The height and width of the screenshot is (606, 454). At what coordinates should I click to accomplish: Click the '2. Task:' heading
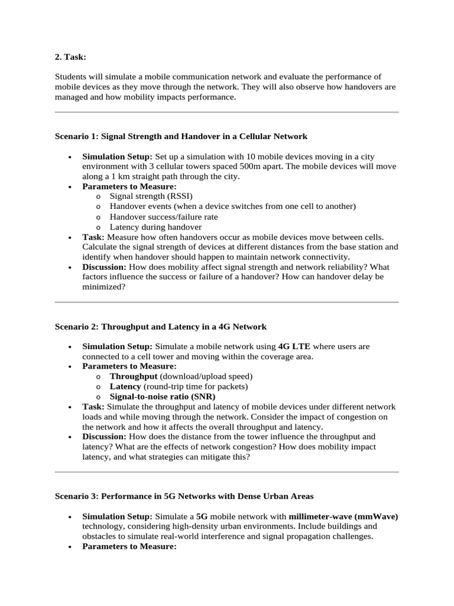[70, 57]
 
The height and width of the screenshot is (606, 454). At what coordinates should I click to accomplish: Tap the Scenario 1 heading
[181, 136]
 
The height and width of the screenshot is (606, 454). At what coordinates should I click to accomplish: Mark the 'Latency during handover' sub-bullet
[155, 227]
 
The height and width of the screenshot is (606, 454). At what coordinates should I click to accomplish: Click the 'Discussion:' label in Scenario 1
[105, 267]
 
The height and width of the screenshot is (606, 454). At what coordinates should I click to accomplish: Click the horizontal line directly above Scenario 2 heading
[226, 302]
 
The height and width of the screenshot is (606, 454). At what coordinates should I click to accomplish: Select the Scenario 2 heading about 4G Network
[160, 327]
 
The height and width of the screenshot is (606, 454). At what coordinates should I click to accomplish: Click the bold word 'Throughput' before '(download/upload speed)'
[134, 376]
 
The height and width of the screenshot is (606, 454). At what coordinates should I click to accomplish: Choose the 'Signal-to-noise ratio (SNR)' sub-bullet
[163, 397]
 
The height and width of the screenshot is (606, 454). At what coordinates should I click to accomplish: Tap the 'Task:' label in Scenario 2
[93, 407]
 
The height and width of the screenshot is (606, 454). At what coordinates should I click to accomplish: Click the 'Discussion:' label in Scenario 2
[105, 437]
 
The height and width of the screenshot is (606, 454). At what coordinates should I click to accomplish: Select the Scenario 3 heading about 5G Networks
[184, 496]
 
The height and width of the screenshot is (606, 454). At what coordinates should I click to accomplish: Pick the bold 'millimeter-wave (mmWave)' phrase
[343, 516]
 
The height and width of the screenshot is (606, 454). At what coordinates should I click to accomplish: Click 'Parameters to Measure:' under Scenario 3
[129, 546]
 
